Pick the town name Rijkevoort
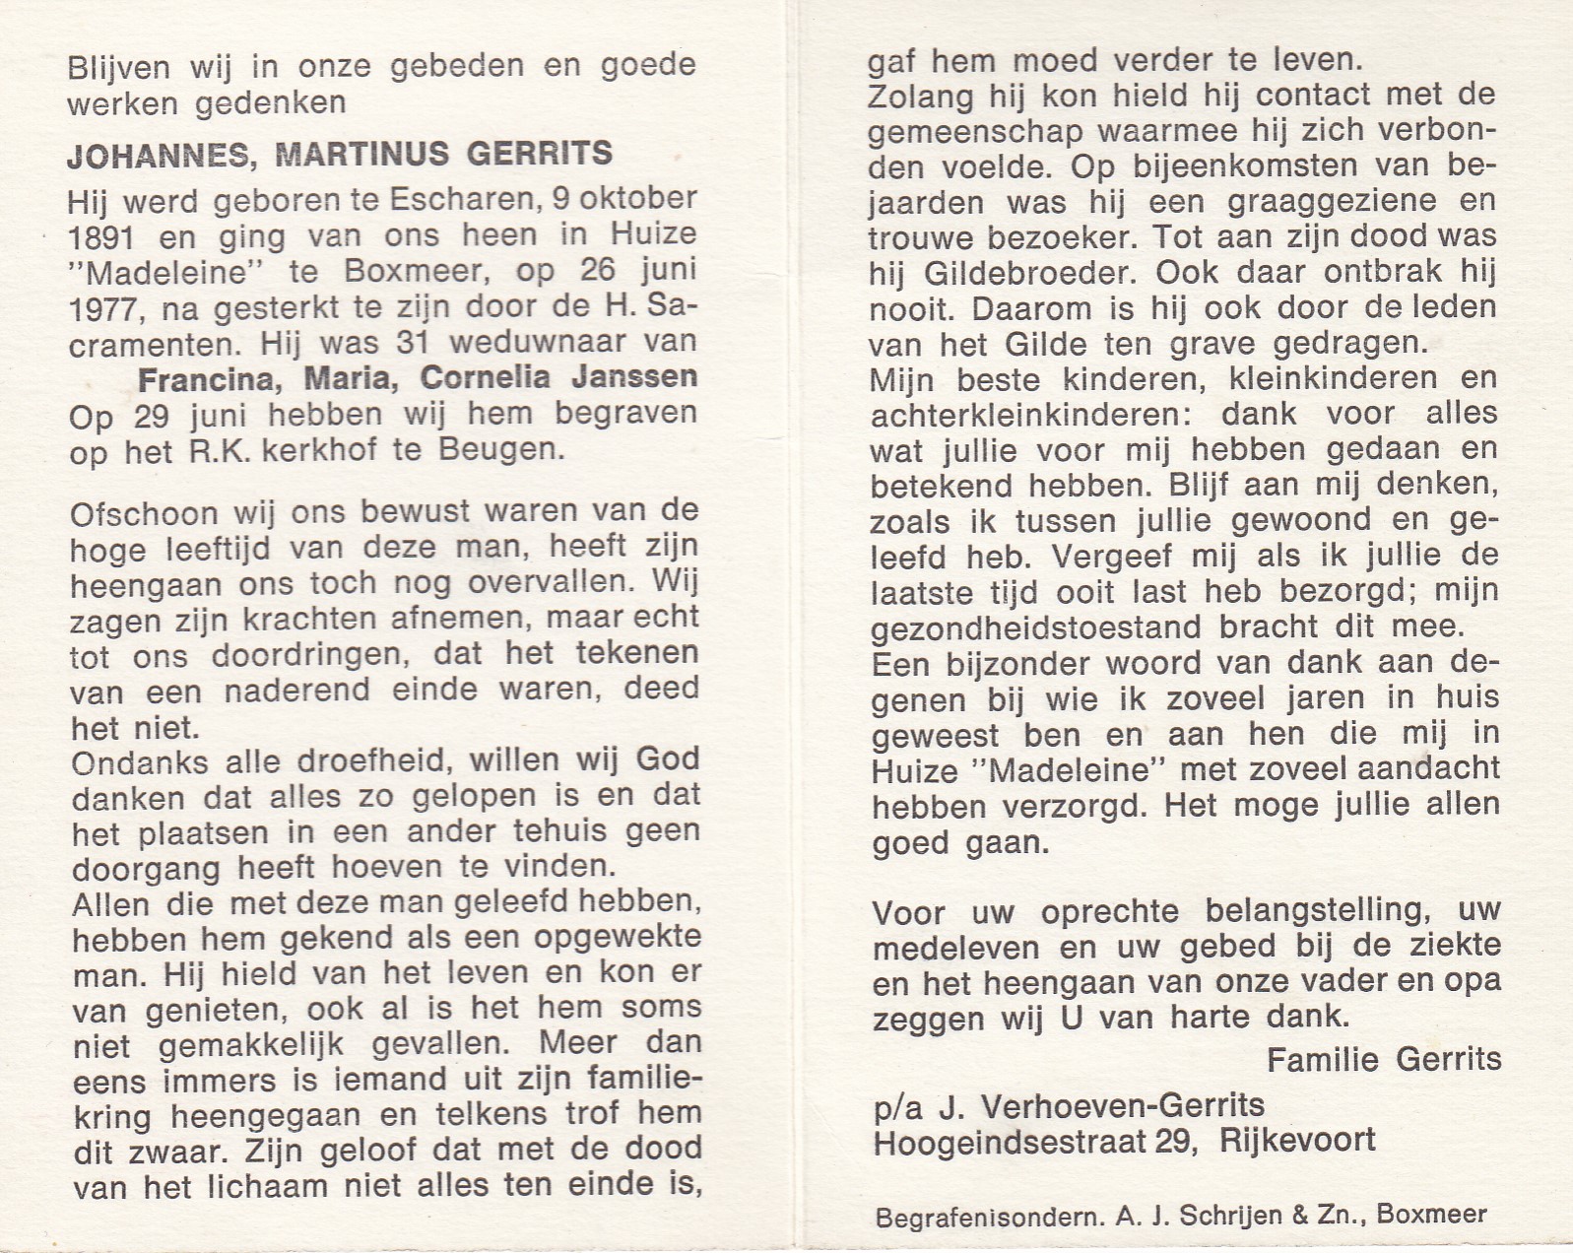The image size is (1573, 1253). coord(1296,1141)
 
